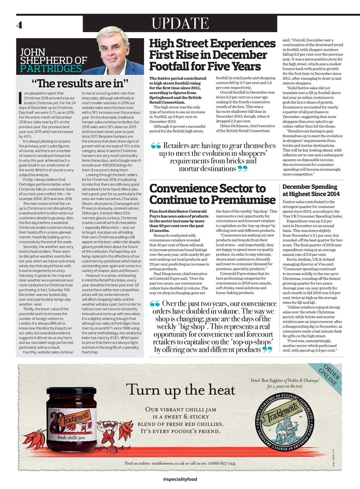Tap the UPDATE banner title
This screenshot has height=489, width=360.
180,24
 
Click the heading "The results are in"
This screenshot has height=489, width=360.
80,83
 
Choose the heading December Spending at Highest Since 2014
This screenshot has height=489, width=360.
311,190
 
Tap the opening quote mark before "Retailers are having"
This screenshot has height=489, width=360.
156,146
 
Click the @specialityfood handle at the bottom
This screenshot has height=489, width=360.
180,479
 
